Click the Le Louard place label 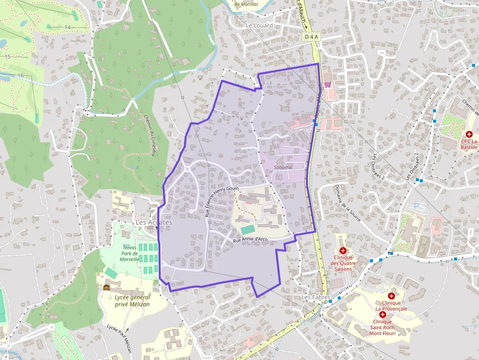click(x=259, y=25)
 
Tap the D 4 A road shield click(x=310, y=37)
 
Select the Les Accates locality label click(x=154, y=222)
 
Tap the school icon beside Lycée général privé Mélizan click(x=107, y=287)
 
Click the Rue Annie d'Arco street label click(x=250, y=240)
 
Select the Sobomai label click(x=283, y=167)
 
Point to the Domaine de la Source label click(x=348, y=203)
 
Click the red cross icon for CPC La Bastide click(x=469, y=134)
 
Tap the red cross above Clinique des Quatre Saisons click(x=343, y=250)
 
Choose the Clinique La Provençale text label click(x=391, y=305)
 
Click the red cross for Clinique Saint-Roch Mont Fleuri click(x=383, y=315)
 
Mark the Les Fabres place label click(x=316, y=297)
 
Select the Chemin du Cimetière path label click(x=150, y=136)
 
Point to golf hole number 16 click(x=20, y=75)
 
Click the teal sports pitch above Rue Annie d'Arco click(x=248, y=229)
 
